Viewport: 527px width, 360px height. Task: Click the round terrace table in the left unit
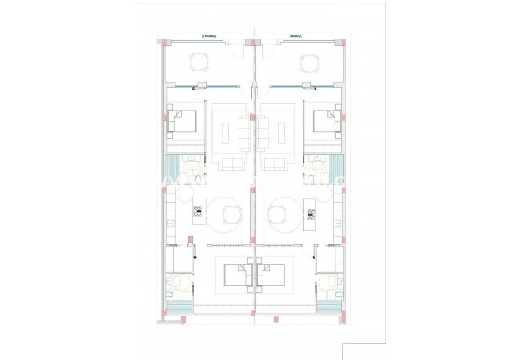[199, 61]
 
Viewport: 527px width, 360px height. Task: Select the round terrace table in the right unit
[308, 61]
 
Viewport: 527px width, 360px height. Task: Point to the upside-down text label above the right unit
[294, 36]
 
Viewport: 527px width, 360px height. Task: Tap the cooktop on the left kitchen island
[198, 212]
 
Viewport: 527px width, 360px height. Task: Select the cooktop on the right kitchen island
[310, 212]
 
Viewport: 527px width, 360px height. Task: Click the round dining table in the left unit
[228, 214]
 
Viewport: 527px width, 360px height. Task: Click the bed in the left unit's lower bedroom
[239, 271]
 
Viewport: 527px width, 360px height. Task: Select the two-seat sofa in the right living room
[274, 161]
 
